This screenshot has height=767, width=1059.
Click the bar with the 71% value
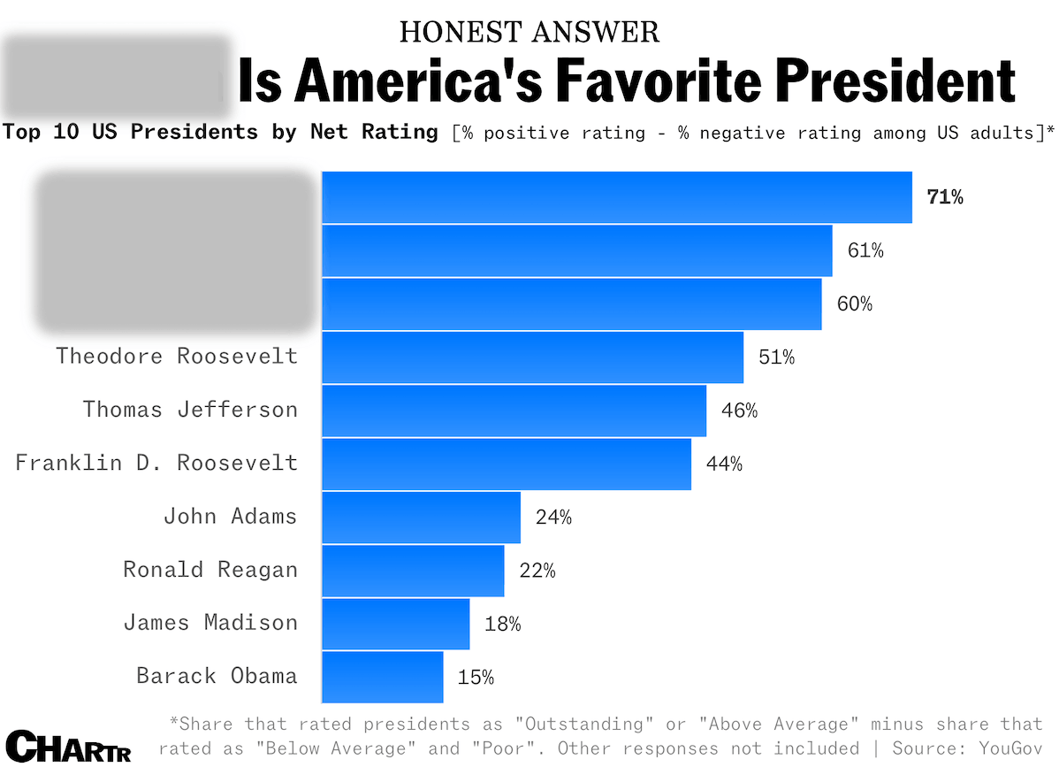(616, 197)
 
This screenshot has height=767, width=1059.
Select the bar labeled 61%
(576, 250)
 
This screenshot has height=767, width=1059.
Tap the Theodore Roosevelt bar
(532, 357)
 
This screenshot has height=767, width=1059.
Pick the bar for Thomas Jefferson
(514, 410)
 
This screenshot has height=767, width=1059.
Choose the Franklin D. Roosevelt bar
(506, 464)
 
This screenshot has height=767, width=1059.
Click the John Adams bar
(421, 517)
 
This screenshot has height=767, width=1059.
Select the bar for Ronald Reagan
(413, 571)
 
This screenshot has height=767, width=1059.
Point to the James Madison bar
(395, 624)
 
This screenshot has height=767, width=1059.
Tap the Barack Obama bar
(382, 677)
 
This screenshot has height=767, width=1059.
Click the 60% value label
(854, 304)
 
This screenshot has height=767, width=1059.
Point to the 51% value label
(776, 357)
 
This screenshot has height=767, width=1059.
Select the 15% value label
(476, 678)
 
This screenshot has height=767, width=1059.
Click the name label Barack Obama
(217, 676)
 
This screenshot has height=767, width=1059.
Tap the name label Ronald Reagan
(210, 570)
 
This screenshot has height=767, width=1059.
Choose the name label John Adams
(230, 516)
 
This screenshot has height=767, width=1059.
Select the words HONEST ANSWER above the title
(529, 32)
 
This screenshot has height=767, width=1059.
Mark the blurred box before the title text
(116, 78)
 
